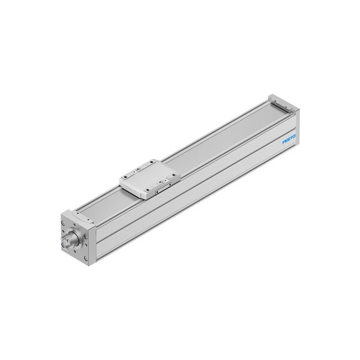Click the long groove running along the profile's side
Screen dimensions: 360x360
pyautogui.click(x=192, y=192)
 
